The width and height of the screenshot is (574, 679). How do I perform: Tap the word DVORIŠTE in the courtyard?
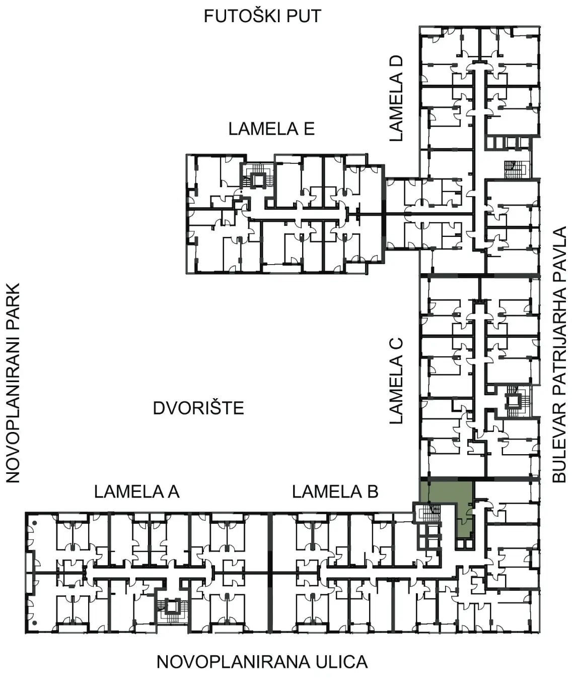[x=198, y=408]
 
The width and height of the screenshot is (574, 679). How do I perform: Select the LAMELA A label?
[x=137, y=492]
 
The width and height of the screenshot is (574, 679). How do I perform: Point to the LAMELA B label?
[x=335, y=492]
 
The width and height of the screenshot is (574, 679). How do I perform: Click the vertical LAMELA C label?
[x=396, y=381]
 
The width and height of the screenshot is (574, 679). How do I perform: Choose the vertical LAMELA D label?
[x=396, y=98]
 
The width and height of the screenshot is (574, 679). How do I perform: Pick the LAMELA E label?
[x=271, y=129]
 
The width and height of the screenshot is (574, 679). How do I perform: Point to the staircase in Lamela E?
[x=258, y=176]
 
